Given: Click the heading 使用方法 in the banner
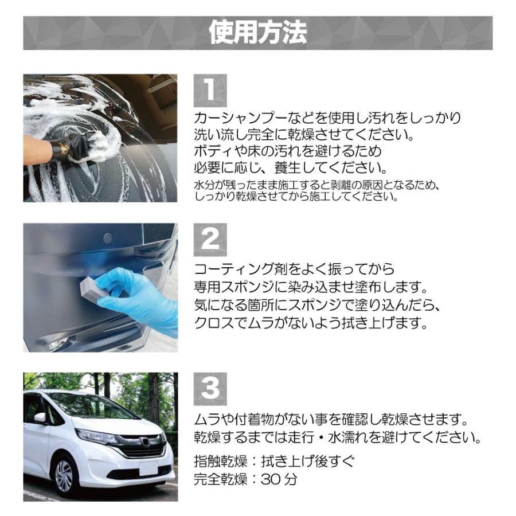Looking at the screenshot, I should point(257,33).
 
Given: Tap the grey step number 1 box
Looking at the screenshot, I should point(210,91).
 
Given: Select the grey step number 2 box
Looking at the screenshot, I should point(210,240).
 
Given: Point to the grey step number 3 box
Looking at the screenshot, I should point(210,389).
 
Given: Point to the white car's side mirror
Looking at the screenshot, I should point(41,418).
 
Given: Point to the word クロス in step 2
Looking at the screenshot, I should point(213,323).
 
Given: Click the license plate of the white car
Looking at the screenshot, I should point(148,467).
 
